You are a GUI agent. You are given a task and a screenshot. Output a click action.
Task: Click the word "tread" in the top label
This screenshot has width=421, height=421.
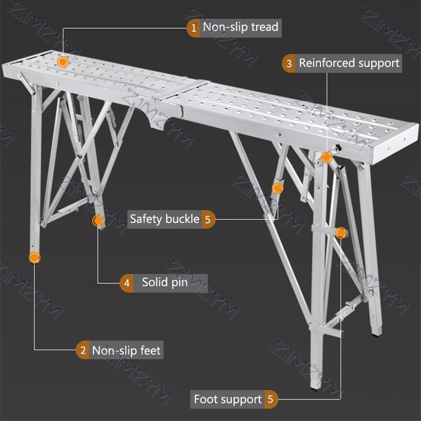(x=265, y=27)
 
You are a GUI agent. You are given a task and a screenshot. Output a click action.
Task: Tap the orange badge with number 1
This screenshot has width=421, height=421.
(x=194, y=28)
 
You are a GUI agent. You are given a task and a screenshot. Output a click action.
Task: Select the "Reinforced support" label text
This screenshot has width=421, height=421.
(x=349, y=63)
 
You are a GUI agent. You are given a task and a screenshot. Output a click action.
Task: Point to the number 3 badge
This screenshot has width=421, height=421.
(x=289, y=64)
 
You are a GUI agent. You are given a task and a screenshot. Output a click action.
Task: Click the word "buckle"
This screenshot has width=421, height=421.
(x=181, y=218)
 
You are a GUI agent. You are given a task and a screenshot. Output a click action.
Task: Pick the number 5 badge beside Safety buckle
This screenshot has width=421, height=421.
(x=208, y=219)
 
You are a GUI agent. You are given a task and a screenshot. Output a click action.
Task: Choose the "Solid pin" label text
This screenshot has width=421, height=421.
(x=164, y=283)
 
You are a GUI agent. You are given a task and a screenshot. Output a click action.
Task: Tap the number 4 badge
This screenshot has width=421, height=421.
(x=127, y=283)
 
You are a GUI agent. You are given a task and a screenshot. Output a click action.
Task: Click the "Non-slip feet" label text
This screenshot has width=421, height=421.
(x=126, y=351)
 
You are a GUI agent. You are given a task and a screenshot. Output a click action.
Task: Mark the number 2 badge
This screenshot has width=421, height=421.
(x=83, y=351)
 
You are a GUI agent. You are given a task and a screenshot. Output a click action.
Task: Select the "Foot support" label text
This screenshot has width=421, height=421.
(x=227, y=399)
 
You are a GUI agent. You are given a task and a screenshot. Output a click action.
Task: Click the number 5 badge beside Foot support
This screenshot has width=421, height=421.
(x=270, y=399)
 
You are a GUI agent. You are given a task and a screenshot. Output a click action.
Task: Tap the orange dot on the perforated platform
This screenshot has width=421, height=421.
(x=62, y=62)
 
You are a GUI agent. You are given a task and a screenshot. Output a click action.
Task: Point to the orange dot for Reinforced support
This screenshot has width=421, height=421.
(x=326, y=158)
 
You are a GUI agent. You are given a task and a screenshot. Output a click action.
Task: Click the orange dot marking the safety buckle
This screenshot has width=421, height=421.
(x=277, y=188)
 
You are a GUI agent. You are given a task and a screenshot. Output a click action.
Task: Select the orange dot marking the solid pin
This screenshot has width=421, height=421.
(x=98, y=220)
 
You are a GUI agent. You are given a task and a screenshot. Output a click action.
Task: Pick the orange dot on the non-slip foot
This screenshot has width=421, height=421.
(x=34, y=258)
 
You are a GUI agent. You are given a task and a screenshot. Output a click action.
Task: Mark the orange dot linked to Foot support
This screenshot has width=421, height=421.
(x=341, y=233)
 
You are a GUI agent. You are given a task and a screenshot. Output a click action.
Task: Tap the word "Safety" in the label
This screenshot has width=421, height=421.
(x=146, y=218)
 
